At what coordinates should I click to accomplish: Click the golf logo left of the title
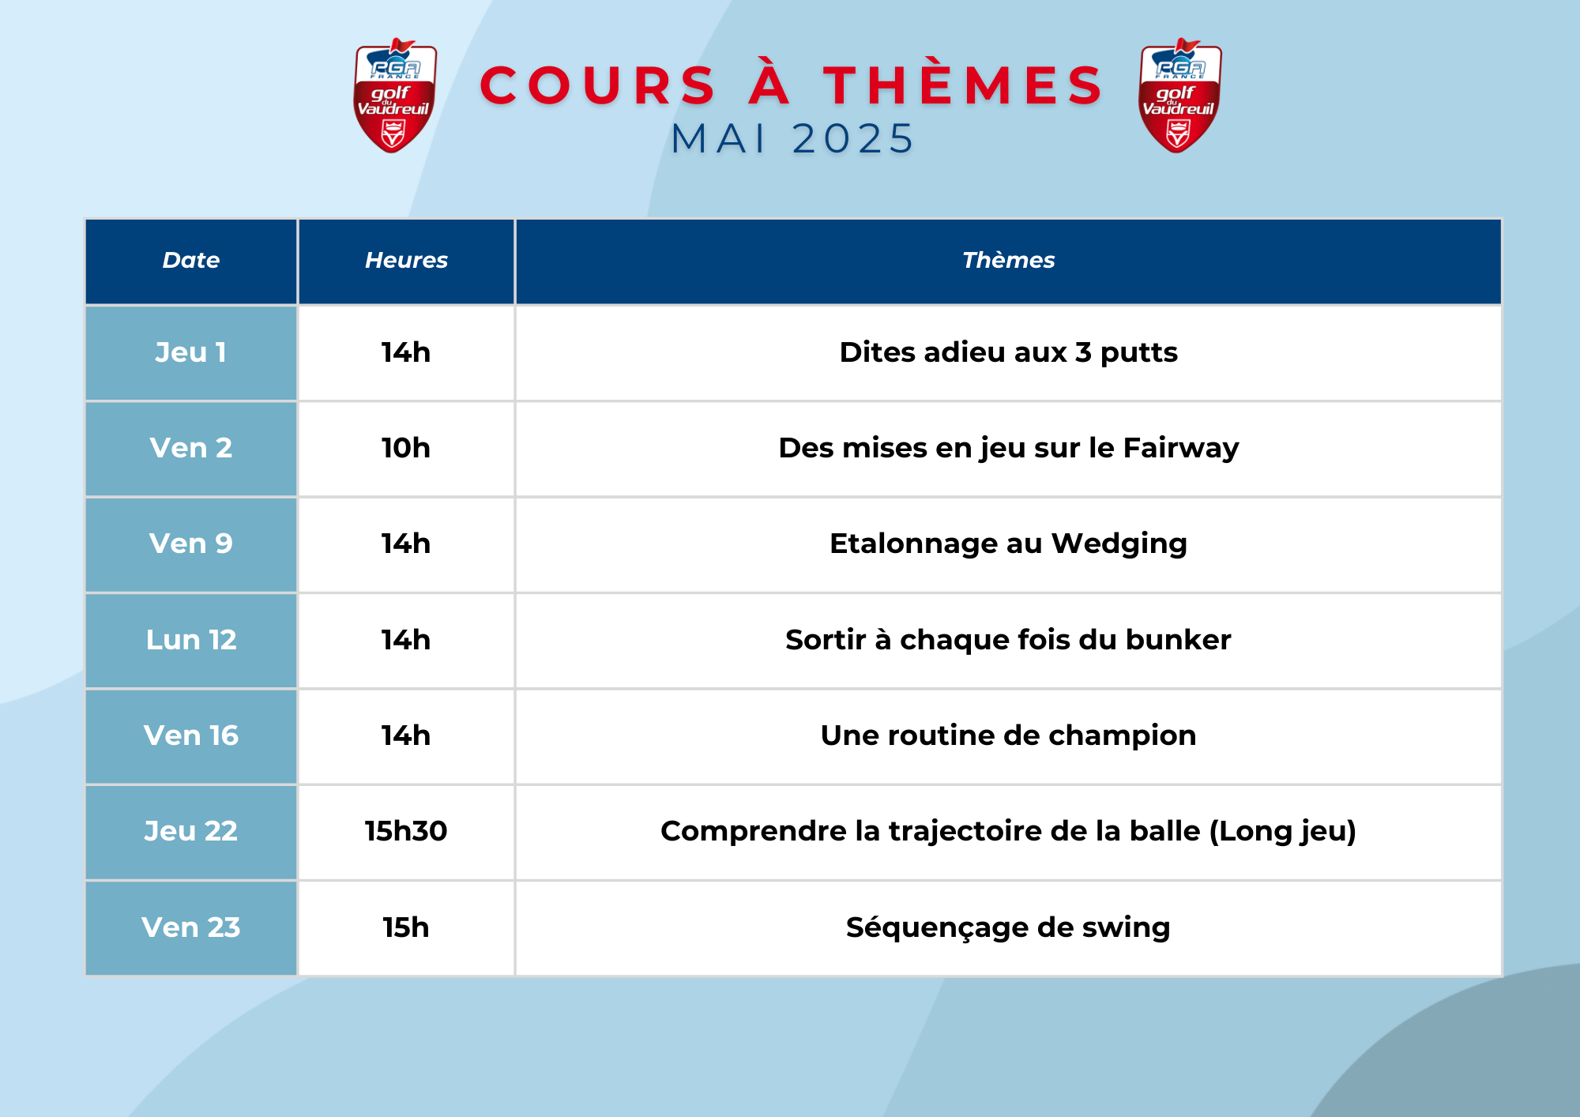(394, 96)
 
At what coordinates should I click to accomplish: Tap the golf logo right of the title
(1179, 96)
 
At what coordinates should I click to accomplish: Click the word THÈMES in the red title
(963, 85)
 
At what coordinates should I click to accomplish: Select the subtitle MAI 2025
(792, 139)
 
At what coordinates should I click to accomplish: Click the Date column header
(191, 261)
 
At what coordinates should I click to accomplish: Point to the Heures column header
(406, 261)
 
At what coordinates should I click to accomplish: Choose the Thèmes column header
(1008, 261)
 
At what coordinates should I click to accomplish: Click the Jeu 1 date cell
(191, 352)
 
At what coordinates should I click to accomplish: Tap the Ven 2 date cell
(191, 449)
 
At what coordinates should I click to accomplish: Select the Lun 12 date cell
(191, 640)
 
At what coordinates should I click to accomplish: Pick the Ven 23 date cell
(191, 927)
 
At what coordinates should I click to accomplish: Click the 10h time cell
(406, 449)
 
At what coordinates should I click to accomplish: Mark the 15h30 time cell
(406, 832)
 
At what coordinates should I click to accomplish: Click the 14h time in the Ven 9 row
(406, 544)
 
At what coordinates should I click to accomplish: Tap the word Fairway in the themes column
(1181, 449)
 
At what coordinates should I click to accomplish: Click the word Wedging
(1119, 544)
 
